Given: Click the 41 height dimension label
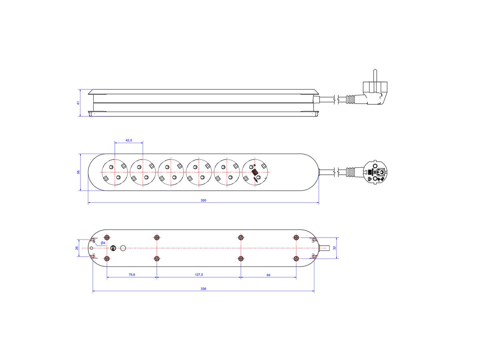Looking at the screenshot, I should [x=78, y=103].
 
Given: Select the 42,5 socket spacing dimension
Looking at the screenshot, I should [x=128, y=140].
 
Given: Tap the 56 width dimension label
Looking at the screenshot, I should [x=78, y=172].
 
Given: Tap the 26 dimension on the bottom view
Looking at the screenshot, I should [x=77, y=248].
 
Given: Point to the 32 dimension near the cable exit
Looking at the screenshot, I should [x=334, y=248].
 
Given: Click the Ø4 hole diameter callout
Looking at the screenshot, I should [x=102, y=243].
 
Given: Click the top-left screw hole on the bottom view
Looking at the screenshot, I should [x=107, y=237].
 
